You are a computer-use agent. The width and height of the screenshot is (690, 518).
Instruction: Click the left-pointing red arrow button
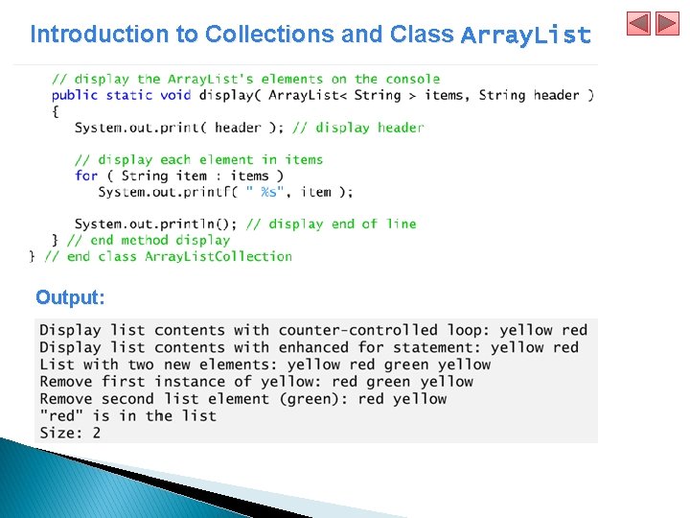[x=639, y=23]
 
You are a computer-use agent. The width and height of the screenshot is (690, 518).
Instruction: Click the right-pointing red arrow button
[x=667, y=23]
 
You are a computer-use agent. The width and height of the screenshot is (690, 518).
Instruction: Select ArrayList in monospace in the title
[x=525, y=35]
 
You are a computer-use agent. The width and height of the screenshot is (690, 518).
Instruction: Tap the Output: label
[x=70, y=297]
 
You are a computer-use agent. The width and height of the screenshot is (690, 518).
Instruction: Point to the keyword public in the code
[x=75, y=95]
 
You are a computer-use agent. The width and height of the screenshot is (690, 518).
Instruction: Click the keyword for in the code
[x=86, y=176]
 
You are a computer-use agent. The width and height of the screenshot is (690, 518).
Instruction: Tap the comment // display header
[x=357, y=128]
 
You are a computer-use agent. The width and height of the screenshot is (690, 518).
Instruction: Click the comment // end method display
[x=149, y=241]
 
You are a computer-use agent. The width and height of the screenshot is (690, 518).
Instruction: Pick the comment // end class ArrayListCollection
[x=168, y=257]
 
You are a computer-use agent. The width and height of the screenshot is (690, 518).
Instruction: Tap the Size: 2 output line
[x=70, y=433]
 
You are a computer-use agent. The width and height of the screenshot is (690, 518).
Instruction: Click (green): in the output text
[x=315, y=399]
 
